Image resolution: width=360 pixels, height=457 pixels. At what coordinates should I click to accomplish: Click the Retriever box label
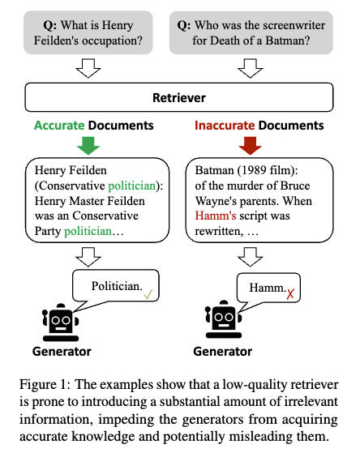[x=179, y=98]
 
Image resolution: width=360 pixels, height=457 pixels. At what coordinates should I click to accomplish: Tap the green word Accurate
[x=59, y=126]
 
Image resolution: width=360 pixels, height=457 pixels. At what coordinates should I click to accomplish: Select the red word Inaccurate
[x=225, y=126]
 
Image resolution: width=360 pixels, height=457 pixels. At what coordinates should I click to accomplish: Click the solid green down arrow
[x=88, y=145]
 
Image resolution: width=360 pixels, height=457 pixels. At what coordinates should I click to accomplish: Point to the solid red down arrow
[x=250, y=145]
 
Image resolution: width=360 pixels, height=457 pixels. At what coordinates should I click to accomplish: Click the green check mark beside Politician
[x=148, y=294]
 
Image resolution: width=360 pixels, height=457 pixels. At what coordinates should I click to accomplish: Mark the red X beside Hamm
[x=290, y=294]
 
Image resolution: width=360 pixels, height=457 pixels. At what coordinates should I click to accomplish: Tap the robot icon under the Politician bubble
[x=61, y=322]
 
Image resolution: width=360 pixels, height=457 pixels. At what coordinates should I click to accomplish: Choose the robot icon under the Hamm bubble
[x=224, y=319]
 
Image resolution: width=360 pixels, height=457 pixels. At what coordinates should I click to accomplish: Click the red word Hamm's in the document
[x=216, y=216]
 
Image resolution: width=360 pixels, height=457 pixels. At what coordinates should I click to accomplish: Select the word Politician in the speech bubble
[x=117, y=286]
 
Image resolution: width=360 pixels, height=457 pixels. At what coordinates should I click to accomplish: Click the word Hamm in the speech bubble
[x=268, y=288]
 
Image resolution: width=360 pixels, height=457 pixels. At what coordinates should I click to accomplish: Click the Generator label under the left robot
[x=62, y=352]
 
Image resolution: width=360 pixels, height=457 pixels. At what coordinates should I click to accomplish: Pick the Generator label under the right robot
[x=223, y=352]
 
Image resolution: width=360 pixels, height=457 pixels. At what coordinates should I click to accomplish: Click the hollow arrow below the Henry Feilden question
[x=88, y=68]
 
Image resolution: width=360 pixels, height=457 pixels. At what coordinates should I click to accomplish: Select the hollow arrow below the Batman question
[x=250, y=68]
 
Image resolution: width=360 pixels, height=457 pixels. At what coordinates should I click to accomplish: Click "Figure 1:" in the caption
[x=45, y=385]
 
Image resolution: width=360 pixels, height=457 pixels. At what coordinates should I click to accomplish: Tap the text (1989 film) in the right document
[x=268, y=170]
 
